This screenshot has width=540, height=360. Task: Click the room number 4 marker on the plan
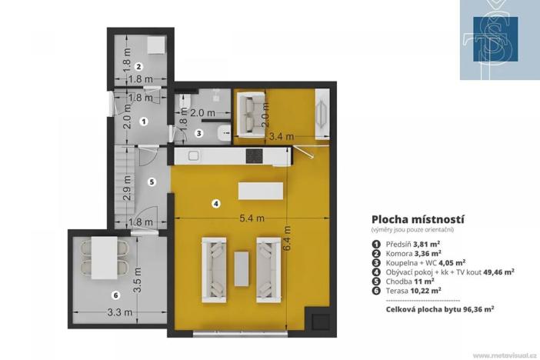pos(216,203)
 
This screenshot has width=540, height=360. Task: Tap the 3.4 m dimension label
pos(280,138)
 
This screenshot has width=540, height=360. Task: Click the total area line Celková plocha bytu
pos(439,307)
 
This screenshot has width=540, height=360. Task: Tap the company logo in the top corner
pos(498,40)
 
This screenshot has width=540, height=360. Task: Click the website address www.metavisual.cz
pos(504,355)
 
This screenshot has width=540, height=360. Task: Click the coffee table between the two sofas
pos(242,268)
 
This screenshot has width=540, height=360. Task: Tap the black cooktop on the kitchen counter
pos(255,155)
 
